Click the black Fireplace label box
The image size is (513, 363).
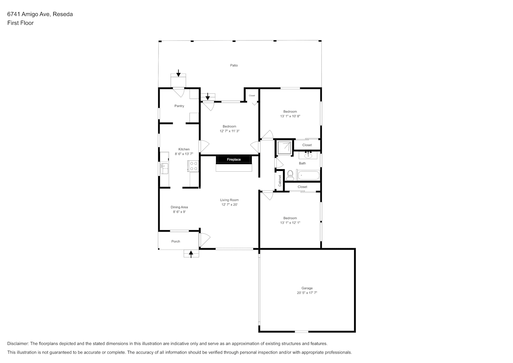(x=234, y=159)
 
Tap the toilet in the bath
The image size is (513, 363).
(x=290, y=176)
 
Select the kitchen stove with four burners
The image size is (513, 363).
(x=193, y=166)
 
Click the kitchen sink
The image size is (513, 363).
(x=164, y=168)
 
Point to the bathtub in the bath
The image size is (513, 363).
(x=308, y=175)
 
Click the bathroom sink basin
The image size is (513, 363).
(x=308, y=156)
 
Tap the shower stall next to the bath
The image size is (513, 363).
(x=284, y=148)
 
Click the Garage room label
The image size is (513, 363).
(x=307, y=288)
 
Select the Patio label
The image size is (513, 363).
(x=234, y=65)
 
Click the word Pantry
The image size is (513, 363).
(x=179, y=106)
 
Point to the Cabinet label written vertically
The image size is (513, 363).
(x=280, y=180)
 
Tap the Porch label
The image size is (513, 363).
(x=176, y=241)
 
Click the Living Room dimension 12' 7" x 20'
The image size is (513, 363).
(x=230, y=205)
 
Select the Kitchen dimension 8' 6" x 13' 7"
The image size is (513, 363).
(x=184, y=154)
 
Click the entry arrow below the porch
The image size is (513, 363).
(x=191, y=254)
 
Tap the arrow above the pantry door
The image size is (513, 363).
(x=178, y=73)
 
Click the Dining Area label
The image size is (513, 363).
(x=179, y=207)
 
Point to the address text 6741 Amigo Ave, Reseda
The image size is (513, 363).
(x=40, y=14)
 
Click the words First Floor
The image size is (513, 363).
(x=20, y=23)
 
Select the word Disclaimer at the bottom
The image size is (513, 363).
(x=18, y=343)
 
